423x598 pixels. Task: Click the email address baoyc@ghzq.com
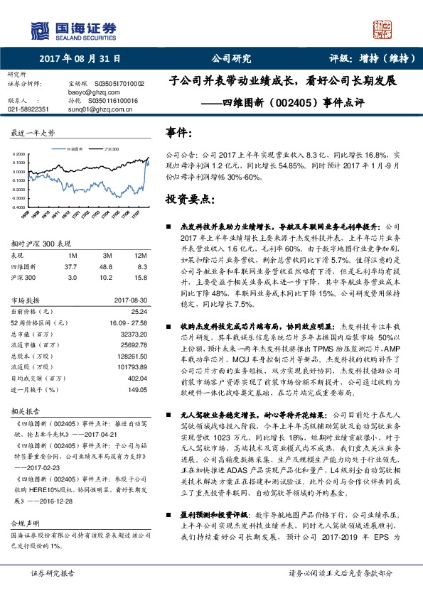88,92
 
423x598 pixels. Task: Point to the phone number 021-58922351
28,109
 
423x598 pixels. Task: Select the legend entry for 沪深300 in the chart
107,150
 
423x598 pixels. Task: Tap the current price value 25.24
139,310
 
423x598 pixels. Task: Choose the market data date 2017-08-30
129,300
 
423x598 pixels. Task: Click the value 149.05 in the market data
137,390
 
